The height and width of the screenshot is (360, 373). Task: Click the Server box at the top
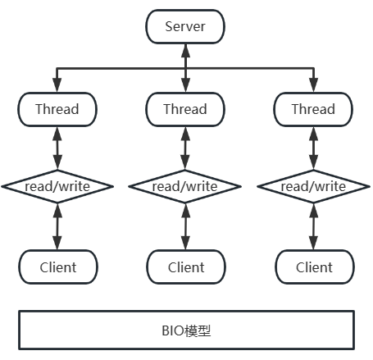[185, 27]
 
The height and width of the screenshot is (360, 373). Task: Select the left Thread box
[57, 109]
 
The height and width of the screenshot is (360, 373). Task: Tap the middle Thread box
[185, 109]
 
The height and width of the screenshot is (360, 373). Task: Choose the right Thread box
[313, 109]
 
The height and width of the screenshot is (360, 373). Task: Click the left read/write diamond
[57, 186]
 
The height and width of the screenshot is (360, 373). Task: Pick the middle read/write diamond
[185, 186]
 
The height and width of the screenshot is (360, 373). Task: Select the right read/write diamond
[313, 186]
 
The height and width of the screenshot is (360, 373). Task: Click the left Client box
[57, 267]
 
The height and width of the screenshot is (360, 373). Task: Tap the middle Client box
[185, 267]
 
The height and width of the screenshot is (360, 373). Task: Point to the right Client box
[313, 267]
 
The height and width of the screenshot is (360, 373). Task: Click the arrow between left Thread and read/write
[57, 147]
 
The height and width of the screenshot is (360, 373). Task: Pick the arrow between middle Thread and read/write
[185, 147]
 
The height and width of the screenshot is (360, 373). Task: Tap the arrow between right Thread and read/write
[313, 147]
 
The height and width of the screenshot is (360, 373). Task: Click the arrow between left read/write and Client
[57, 226]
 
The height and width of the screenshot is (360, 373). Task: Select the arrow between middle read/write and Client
[185, 226]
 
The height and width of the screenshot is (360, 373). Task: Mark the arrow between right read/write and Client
[313, 226]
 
